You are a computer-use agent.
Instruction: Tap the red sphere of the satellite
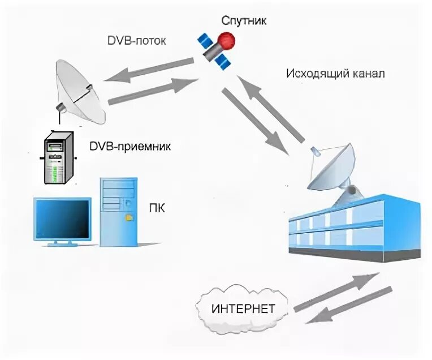pos(227,41)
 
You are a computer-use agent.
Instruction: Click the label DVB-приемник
pos(130,147)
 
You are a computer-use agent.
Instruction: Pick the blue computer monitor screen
pos(62,218)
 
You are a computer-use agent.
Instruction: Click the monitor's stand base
pos(62,243)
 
